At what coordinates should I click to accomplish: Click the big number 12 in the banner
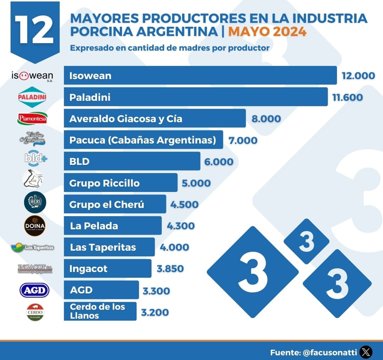(35, 30)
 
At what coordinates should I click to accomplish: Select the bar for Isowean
(200, 75)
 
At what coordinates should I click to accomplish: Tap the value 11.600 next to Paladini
(347, 97)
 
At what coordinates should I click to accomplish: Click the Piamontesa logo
(32, 118)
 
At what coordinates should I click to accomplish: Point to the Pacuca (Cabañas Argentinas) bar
(144, 140)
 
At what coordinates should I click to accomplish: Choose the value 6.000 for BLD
(219, 162)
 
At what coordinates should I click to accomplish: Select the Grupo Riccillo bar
(120, 183)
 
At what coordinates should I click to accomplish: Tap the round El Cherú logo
(35, 202)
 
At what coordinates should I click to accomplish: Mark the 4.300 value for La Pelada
(181, 226)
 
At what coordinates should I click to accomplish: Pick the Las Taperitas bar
(109, 247)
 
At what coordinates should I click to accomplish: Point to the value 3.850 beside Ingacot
(170, 269)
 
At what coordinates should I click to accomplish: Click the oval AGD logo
(34, 290)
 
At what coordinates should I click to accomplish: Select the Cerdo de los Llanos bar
(100, 312)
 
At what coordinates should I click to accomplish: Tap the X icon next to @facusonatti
(366, 352)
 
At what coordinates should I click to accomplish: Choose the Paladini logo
(32, 97)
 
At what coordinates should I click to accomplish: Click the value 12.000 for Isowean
(359, 76)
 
